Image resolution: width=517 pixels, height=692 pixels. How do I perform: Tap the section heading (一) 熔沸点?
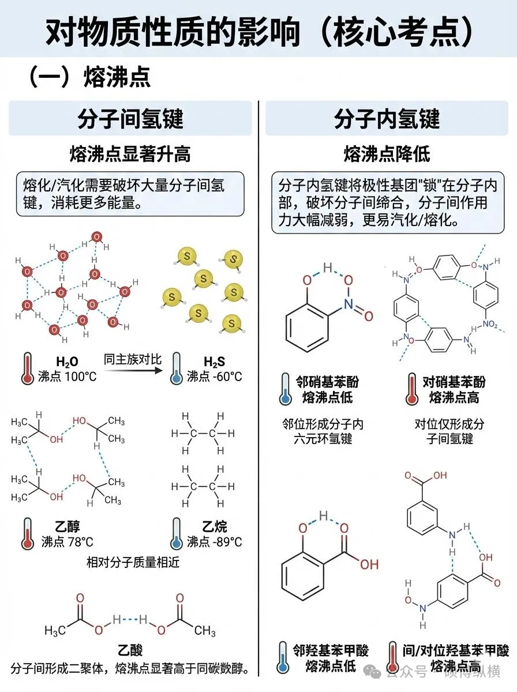coord(90,77)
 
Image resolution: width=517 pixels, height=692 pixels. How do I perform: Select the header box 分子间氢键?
coord(130,118)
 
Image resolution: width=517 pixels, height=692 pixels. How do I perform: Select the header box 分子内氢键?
coord(387,118)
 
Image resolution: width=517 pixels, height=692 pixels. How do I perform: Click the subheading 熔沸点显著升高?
coord(130,155)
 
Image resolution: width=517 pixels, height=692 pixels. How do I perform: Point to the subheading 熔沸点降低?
coord(387,155)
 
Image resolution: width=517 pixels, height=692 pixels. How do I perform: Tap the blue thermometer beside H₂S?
coord(177,369)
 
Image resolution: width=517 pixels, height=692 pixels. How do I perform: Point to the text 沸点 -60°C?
coord(215,377)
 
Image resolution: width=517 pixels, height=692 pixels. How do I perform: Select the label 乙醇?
coord(68,526)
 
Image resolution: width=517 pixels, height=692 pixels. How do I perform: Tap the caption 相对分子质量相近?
coord(133,562)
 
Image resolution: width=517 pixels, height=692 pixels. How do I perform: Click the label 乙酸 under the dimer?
coord(130,651)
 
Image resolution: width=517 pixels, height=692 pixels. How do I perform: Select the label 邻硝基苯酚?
coord(327,382)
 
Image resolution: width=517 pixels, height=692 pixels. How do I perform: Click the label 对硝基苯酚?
coord(454,382)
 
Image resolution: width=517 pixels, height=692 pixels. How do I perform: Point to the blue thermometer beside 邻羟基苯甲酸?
coord(283,657)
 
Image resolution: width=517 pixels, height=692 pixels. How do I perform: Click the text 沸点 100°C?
coord(66,377)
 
